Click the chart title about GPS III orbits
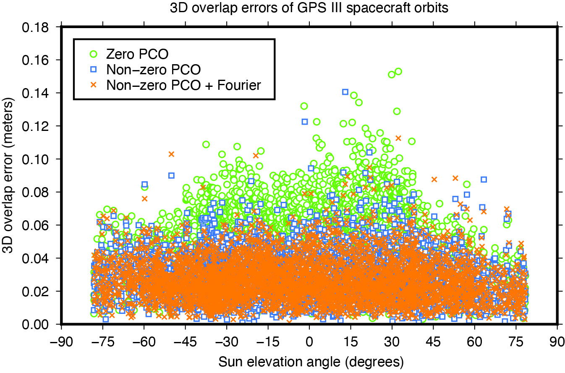[282, 8]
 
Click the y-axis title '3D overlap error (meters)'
[9, 175]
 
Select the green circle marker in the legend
[94, 53]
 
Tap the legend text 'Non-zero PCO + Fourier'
[184, 85]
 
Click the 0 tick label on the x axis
[309, 339]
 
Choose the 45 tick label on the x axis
[433, 339]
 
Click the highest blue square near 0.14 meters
[345, 92]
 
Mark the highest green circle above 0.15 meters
[398, 71]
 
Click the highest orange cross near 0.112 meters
[398, 138]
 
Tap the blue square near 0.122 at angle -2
[305, 122]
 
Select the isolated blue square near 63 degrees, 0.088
[484, 179]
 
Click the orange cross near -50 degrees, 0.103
[171, 154]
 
